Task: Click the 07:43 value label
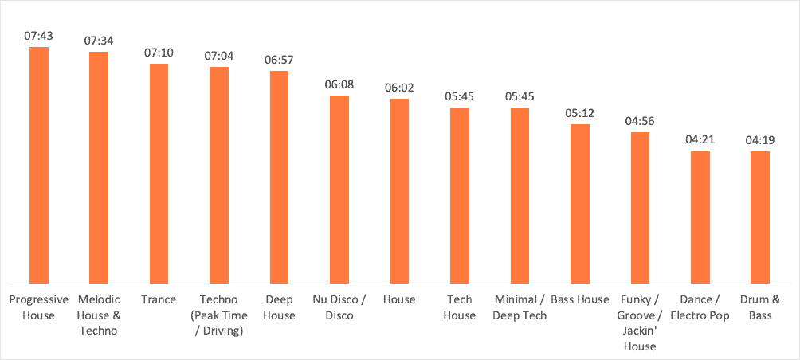coord(39,37)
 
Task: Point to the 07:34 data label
coord(99,41)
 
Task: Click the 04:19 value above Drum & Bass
coord(760,140)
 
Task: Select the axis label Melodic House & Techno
coord(99,315)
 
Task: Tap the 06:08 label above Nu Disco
coord(339,84)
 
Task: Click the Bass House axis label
coord(579,300)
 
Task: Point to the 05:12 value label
coord(579,113)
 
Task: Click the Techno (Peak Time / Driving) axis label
coord(218,315)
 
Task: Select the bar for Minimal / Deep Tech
coord(520,195)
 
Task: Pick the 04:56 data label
coord(640,121)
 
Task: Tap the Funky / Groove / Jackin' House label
coord(640,323)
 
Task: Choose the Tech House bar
coord(460,195)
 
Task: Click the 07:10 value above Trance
coord(159,53)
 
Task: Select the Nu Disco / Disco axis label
coord(339,307)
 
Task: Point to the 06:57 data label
coord(279,61)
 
